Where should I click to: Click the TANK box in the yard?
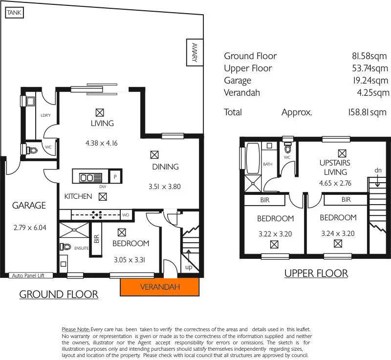pyautogui.click(x=14, y=13)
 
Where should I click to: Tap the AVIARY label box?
pyautogui.click(x=194, y=52)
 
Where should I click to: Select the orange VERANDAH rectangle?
pyautogui.click(x=160, y=287)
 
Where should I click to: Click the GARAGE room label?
pyautogui.click(x=29, y=206)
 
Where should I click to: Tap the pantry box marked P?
pyautogui.click(x=115, y=176)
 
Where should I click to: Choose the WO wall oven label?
pyautogui.click(x=126, y=215)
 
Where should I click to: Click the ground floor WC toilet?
pyautogui.click(x=32, y=149)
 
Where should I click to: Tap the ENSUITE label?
pyautogui.click(x=82, y=248)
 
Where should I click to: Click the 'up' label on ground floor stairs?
pyautogui.click(x=188, y=268)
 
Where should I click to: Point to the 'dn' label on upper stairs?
pyautogui.click(x=378, y=170)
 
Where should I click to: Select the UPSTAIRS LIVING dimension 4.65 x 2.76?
pyautogui.click(x=335, y=184)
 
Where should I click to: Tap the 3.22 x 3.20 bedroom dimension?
pyautogui.click(x=274, y=234)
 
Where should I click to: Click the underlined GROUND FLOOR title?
pyautogui.click(x=59, y=295)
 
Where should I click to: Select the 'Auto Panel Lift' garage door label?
pyautogui.click(x=28, y=275)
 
